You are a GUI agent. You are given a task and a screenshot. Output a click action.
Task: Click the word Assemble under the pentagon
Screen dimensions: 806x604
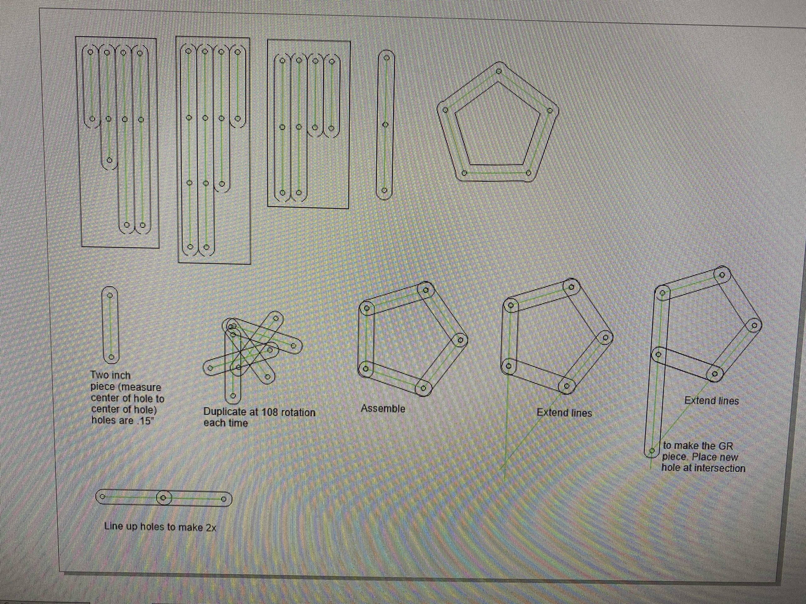point(383,409)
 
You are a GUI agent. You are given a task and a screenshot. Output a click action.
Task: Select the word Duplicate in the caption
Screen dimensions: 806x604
point(225,412)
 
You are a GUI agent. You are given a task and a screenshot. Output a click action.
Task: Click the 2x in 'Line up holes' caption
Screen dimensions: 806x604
point(211,528)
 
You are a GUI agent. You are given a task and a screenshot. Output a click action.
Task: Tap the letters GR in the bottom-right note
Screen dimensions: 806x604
point(725,446)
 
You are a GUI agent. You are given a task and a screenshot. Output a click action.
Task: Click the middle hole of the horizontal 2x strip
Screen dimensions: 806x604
point(164,498)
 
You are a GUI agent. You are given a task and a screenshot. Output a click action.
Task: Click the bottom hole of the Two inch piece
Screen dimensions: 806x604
point(112,357)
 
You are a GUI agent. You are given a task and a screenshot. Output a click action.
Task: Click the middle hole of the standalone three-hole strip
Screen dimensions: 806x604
point(385,125)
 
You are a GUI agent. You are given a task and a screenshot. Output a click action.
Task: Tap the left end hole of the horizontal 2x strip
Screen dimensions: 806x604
point(103,496)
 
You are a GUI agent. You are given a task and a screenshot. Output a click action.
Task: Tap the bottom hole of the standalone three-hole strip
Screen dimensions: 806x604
point(384,190)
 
